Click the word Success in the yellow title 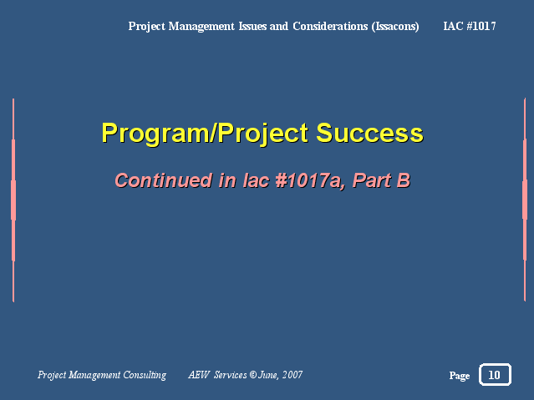[x=369, y=133]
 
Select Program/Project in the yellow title [x=205, y=134]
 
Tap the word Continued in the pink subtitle [x=164, y=180]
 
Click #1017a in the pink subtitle [x=308, y=180]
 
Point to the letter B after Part [x=404, y=180]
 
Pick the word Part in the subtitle [x=372, y=180]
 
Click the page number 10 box [x=495, y=374]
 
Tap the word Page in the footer [x=460, y=376]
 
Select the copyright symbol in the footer [x=252, y=375]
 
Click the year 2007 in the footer [x=292, y=375]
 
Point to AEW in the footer [x=199, y=375]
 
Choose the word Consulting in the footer [x=145, y=375]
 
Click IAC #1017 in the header [x=470, y=26]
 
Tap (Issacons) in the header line [x=395, y=26]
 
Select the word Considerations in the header [x=330, y=26]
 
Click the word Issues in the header [x=252, y=26]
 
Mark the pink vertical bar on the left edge [x=13, y=200]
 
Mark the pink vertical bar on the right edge [x=525, y=200]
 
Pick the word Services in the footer [x=230, y=375]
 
